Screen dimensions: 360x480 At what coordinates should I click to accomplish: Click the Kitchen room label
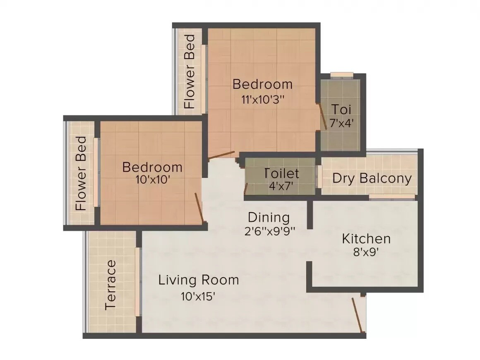(x=366, y=239)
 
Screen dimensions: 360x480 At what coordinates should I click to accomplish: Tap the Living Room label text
(x=199, y=280)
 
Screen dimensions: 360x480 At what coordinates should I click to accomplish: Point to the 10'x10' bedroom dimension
(x=153, y=180)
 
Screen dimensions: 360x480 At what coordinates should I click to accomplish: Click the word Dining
(x=269, y=217)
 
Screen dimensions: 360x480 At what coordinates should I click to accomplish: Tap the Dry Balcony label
(x=372, y=178)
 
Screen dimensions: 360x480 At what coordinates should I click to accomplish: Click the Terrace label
(x=110, y=285)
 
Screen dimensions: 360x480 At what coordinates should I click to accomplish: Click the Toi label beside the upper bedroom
(x=341, y=110)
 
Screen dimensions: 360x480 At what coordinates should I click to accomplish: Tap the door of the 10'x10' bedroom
(x=199, y=207)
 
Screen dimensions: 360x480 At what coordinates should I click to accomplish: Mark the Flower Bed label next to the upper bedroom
(x=190, y=72)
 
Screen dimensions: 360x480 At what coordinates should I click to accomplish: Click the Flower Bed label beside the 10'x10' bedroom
(x=82, y=173)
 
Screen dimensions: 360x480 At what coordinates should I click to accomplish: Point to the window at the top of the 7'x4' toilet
(x=342, y=75)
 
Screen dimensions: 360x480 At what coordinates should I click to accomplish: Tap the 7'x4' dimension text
(x=341, y=123)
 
